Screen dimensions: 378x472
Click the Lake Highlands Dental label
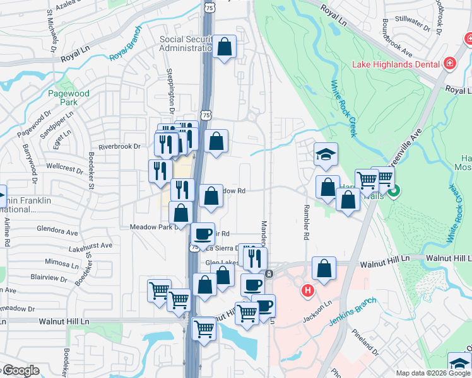click(x=395, y=64)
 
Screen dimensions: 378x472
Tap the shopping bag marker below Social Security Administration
click(x=224, y=47)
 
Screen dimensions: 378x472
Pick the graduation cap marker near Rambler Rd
click(x=326, y=155)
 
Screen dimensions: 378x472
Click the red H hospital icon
click(x=308, y=290)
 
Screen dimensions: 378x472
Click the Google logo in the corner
click(x=20, y=370)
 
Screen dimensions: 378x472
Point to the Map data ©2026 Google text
click(x=433, y=373)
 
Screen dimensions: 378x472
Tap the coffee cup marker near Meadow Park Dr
click(x=203, y=234)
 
